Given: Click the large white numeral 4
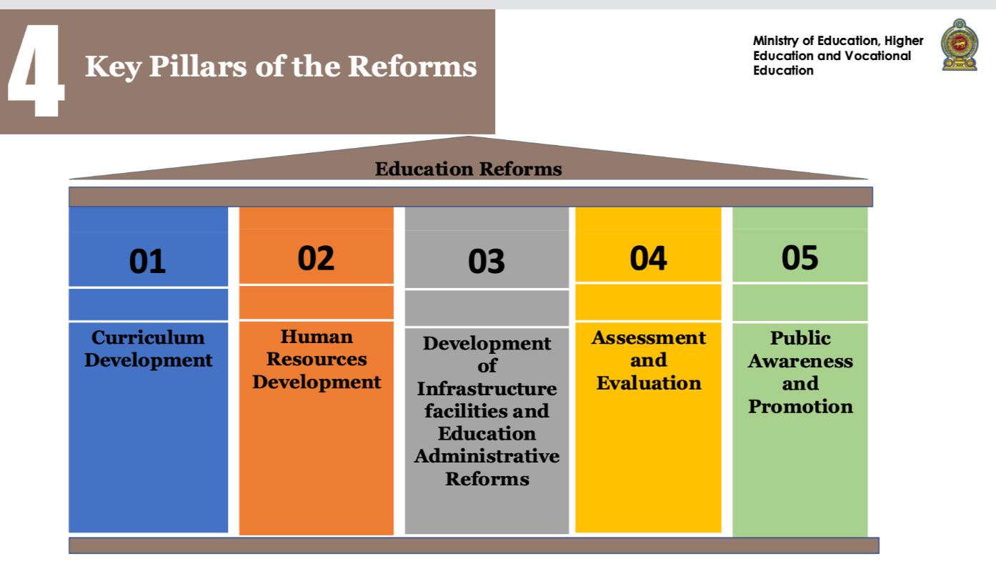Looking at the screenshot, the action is pyautogui.click(x=36, y=70).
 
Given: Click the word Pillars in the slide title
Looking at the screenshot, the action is pyautogui.click(x=198, y=66).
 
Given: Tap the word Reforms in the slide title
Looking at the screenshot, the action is pyautogui.click(x=412, y=66).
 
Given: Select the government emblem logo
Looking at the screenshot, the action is pyautogui.click(x=960, y=44).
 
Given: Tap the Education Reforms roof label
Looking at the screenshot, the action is pyautogui.click(x=468, y=169).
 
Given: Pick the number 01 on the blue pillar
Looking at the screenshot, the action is pyautogui.click(x=147, y=261).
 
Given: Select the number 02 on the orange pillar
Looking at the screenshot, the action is pyautogui.click(x=316, y=258).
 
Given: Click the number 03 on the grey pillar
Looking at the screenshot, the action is pyautogui.click(x=487, y=261).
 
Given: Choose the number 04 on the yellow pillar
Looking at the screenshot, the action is pyautogui.click(x=648, y=259).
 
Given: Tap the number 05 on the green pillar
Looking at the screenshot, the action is pyautogui.click(x=800, y=257).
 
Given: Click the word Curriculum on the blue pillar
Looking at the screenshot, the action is pyautogui.click(x=148, y=337).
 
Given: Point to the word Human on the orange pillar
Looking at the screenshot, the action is pyautogui.click(x=317, y=337).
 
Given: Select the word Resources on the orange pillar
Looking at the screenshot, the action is pyautogui.click(x=317, y=359).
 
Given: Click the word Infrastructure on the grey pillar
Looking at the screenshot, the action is pyautogui.click(x=487, y=389).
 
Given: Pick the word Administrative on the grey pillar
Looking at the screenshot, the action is pyautogui.click(x=487, y=456).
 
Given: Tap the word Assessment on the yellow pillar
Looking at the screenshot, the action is pyautogui.click(x=649, y=337).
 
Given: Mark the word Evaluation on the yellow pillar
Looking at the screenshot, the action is pyautogui.click(x=649, y=383).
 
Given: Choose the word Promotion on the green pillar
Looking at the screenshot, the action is pyautogui.click(x=800, y=407).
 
